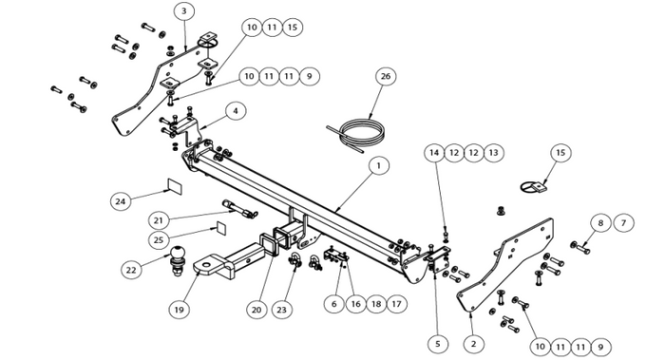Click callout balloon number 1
tap(379, 165)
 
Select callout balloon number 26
tap(386, 76)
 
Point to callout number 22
tap(131, 269)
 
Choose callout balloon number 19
tap(179, 310)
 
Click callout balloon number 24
tap(121, 201)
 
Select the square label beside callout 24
tap(175, 186)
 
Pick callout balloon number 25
tap(159, 240)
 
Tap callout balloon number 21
tap(159, 220)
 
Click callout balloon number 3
tap(183, 11)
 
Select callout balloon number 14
tap(434, 153)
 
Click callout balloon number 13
tap(494, 153)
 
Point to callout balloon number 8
tap(600, 223)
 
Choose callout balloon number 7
tap(623, 223)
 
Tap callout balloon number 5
tap(438, 344)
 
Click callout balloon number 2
tap(473, 344)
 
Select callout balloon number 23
tap(281, 310)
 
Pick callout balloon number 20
tap(256, 310)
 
